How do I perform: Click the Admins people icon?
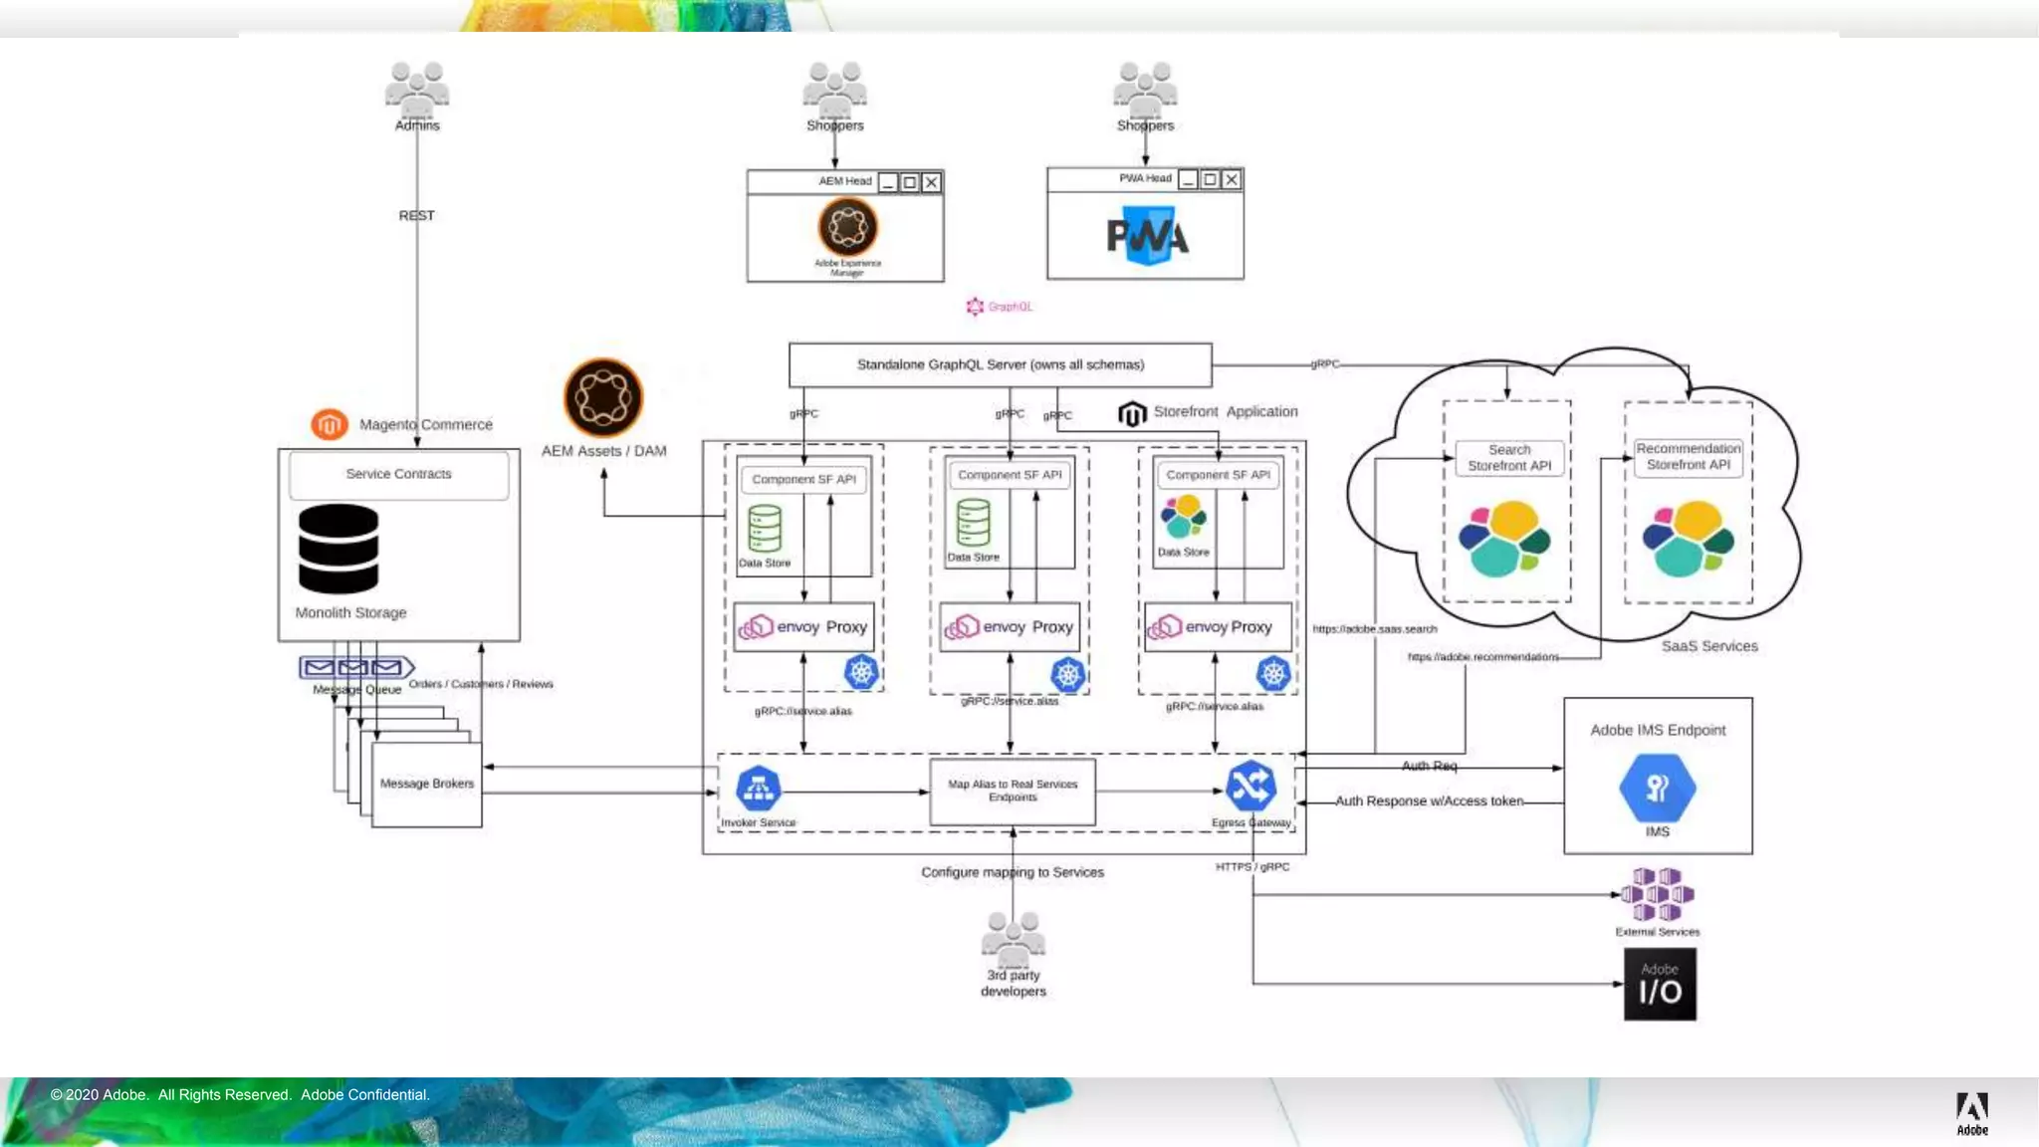pos(417,87)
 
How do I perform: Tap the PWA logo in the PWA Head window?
pos(1147,236)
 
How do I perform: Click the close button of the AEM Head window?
pos(931,182)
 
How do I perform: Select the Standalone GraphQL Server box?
pos(1000,365)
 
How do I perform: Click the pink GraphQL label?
pos(1000,307)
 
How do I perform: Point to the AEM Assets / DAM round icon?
pos(603,398)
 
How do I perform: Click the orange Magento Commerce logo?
pos(330,424)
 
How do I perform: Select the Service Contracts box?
pos(398,475)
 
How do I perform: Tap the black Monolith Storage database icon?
pos(339,549)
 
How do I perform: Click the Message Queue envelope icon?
pos(355,667)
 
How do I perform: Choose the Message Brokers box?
pos(427,785)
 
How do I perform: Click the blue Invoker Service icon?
pos(759,789)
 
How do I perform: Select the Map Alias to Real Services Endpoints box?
pos(1013,792)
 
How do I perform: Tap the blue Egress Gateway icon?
pos(1250,787)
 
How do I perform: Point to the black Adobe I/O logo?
pos(1660,985)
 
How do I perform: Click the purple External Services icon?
pos(1658,894)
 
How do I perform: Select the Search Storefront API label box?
pos(1509,458)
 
